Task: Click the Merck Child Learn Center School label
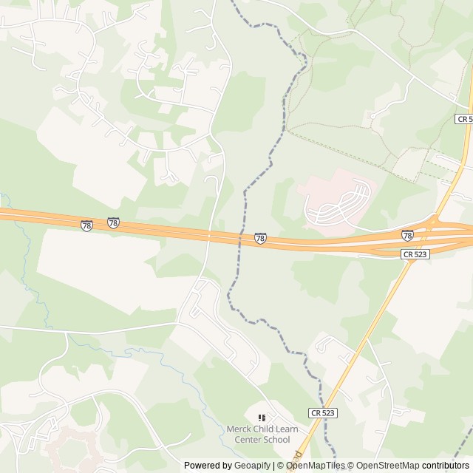[257, 434]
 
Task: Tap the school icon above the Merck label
[262, 418]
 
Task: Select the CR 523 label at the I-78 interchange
[415, 253]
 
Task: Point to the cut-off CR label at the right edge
[464, 118]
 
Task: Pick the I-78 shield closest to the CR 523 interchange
[407, 235]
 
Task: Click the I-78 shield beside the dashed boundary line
[260, 238]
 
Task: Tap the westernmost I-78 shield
[87, 225]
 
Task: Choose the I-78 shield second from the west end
[113, 222]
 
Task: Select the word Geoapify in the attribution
[253, 466]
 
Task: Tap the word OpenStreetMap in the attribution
[387, 466]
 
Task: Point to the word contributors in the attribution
[446, 466]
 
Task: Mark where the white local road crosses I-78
[210, 236]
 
